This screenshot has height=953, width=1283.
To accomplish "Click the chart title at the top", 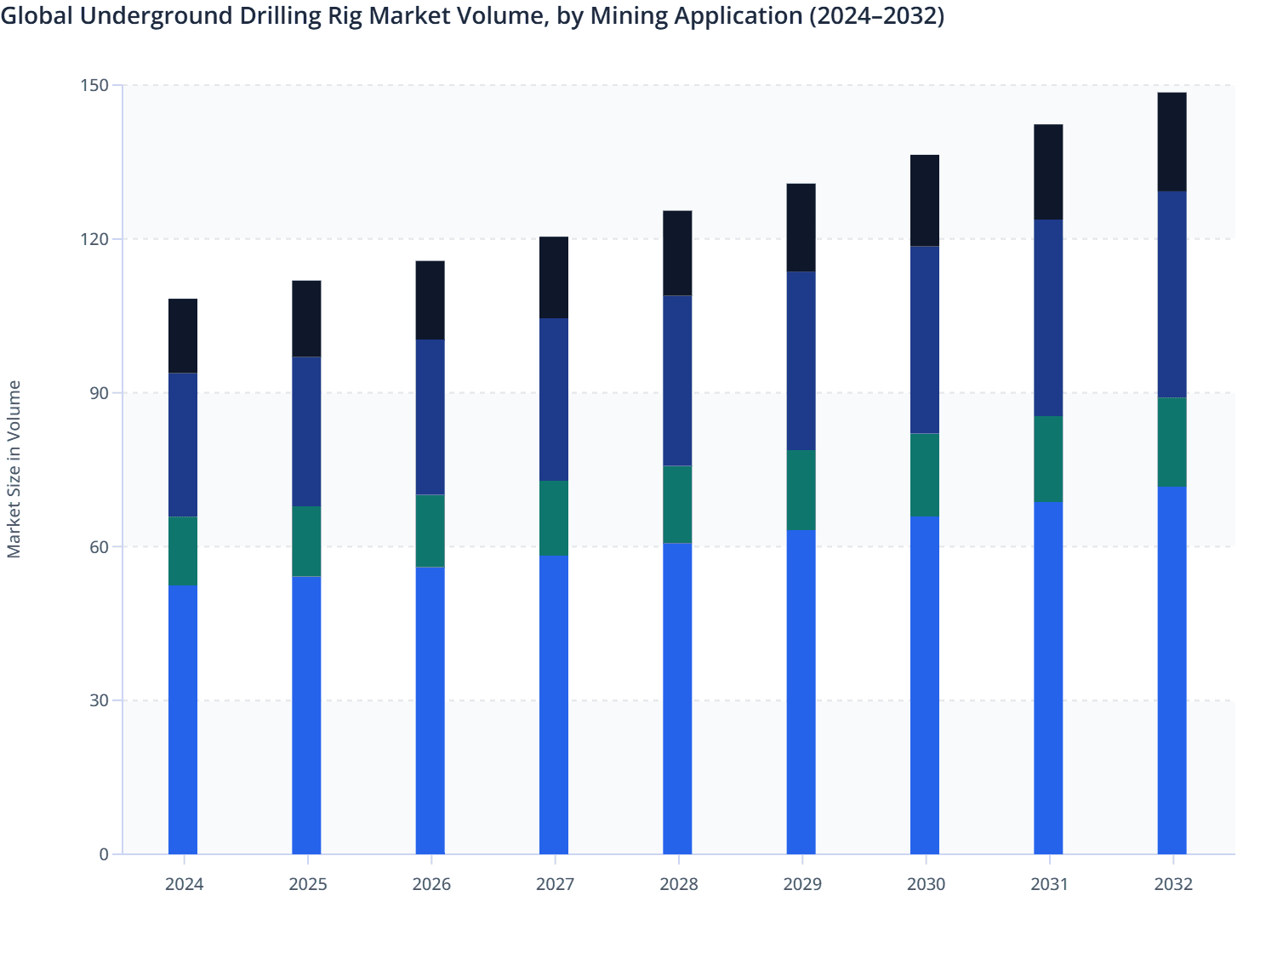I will pos(472,16).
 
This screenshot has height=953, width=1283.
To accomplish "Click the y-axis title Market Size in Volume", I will pos(14,469).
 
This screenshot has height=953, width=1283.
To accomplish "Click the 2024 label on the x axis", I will pos(184,884).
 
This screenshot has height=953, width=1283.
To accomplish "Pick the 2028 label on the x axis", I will pos(678,884).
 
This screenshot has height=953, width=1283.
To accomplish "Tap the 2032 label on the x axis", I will pos(1172,884).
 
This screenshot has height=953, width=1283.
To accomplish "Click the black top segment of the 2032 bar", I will pos(1172,142).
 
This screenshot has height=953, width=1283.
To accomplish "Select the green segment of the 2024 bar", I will pos(183,551).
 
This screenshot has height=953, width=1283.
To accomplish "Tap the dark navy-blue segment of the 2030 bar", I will pos(925,340).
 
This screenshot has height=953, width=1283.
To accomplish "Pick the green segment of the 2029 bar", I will pos(801,490).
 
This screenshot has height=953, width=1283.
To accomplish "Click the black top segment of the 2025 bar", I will pos(306,318).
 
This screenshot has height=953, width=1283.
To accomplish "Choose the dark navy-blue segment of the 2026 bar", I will pos(430,417).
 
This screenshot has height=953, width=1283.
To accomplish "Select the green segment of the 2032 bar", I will pos(1172,442).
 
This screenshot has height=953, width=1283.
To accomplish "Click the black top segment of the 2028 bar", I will pos(677,253).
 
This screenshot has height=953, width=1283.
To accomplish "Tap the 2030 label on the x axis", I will pos(926,884).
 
